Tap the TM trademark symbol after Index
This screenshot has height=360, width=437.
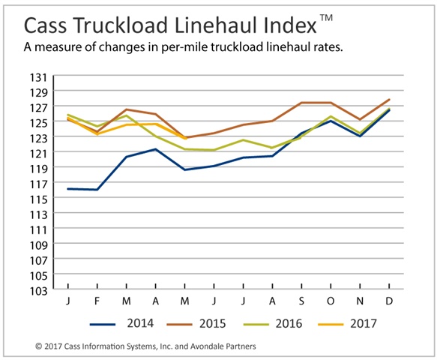[326, 17]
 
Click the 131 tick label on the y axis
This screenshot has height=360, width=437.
[38, 77]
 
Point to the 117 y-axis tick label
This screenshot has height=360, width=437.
[38, 184]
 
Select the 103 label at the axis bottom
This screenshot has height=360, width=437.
[38, 291]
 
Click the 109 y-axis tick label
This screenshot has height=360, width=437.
[38, 245]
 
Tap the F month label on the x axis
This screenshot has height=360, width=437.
[97, 301]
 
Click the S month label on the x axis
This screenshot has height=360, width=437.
[301, 301]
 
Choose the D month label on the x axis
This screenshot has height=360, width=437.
[389, 301]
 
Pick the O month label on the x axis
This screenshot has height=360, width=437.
[331, 301]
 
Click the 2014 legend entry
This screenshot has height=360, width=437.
[121, 323]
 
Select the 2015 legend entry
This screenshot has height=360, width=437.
[196, 323]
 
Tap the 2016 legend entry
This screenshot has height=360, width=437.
[273, 323]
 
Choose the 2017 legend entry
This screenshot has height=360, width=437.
[348, 323]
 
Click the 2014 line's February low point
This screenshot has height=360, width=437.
[97, 190]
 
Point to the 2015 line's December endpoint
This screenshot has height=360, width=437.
[389, 99]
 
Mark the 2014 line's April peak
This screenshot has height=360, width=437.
[155, 149]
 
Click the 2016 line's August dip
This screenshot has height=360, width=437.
[272, 148]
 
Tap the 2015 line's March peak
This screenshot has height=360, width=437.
[126, 109]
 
